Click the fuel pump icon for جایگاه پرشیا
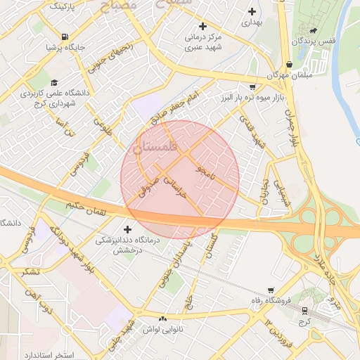click(65, 37)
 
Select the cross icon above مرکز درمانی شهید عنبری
click(202, 26)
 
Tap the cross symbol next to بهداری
click(252, 11)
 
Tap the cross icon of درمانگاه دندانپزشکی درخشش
click(127, 229)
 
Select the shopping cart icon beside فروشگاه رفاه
click(271, 290)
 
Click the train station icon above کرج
click(304, 310)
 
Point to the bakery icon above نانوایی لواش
click(163, 319)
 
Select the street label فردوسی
click(77, 162)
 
